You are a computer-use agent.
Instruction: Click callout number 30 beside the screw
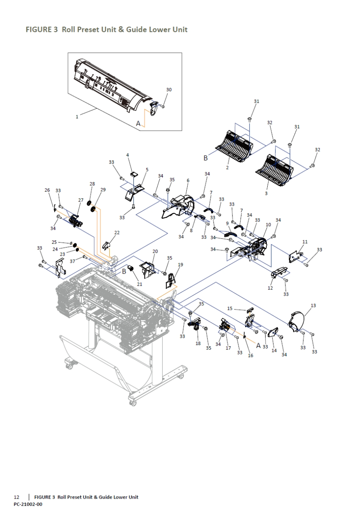coord(169,90)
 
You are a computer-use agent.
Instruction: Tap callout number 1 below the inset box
coord(77,117)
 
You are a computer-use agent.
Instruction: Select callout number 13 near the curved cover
coord(313,305)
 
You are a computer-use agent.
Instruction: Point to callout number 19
coord(180,265)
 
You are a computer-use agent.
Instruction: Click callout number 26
coord(47,190)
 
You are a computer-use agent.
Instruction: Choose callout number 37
coord(72,261)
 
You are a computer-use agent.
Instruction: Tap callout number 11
coord(305,241)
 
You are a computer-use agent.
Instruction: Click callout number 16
coord(250,356)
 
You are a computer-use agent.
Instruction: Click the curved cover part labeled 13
coord(298,320)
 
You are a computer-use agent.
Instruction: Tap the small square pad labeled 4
coord(135,174)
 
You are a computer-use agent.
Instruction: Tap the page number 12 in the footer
coord(17,497)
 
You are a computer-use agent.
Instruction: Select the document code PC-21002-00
coord(28,504)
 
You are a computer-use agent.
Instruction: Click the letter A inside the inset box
coord(138,123)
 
